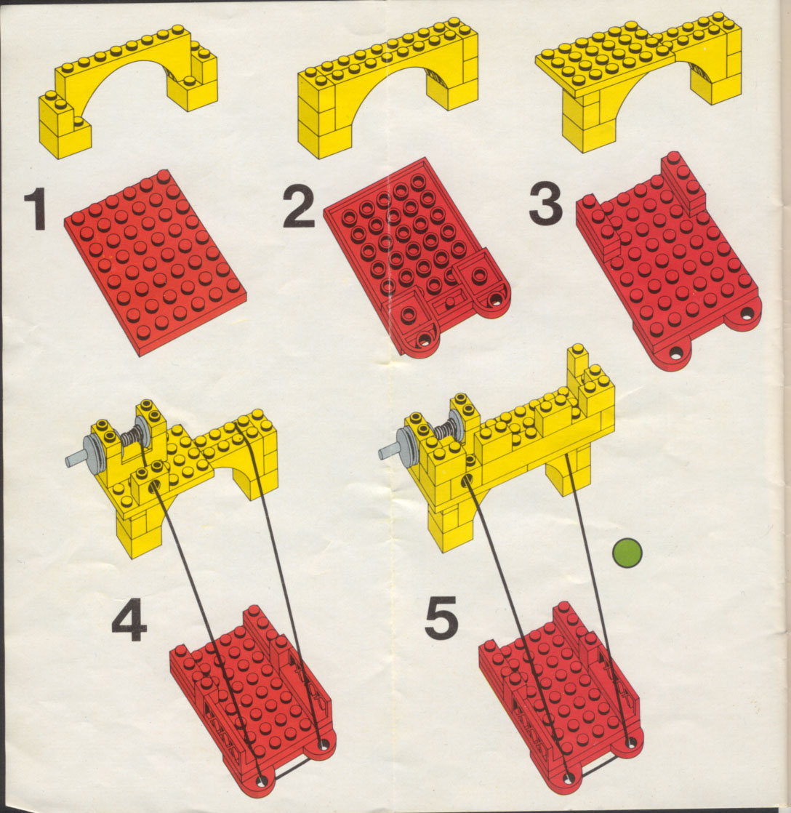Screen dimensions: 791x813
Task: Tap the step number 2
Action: (299, 207)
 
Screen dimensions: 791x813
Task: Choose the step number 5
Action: (441, 617)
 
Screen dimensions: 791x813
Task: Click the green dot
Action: (627, 553)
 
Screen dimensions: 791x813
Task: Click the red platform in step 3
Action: (669, 262)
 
